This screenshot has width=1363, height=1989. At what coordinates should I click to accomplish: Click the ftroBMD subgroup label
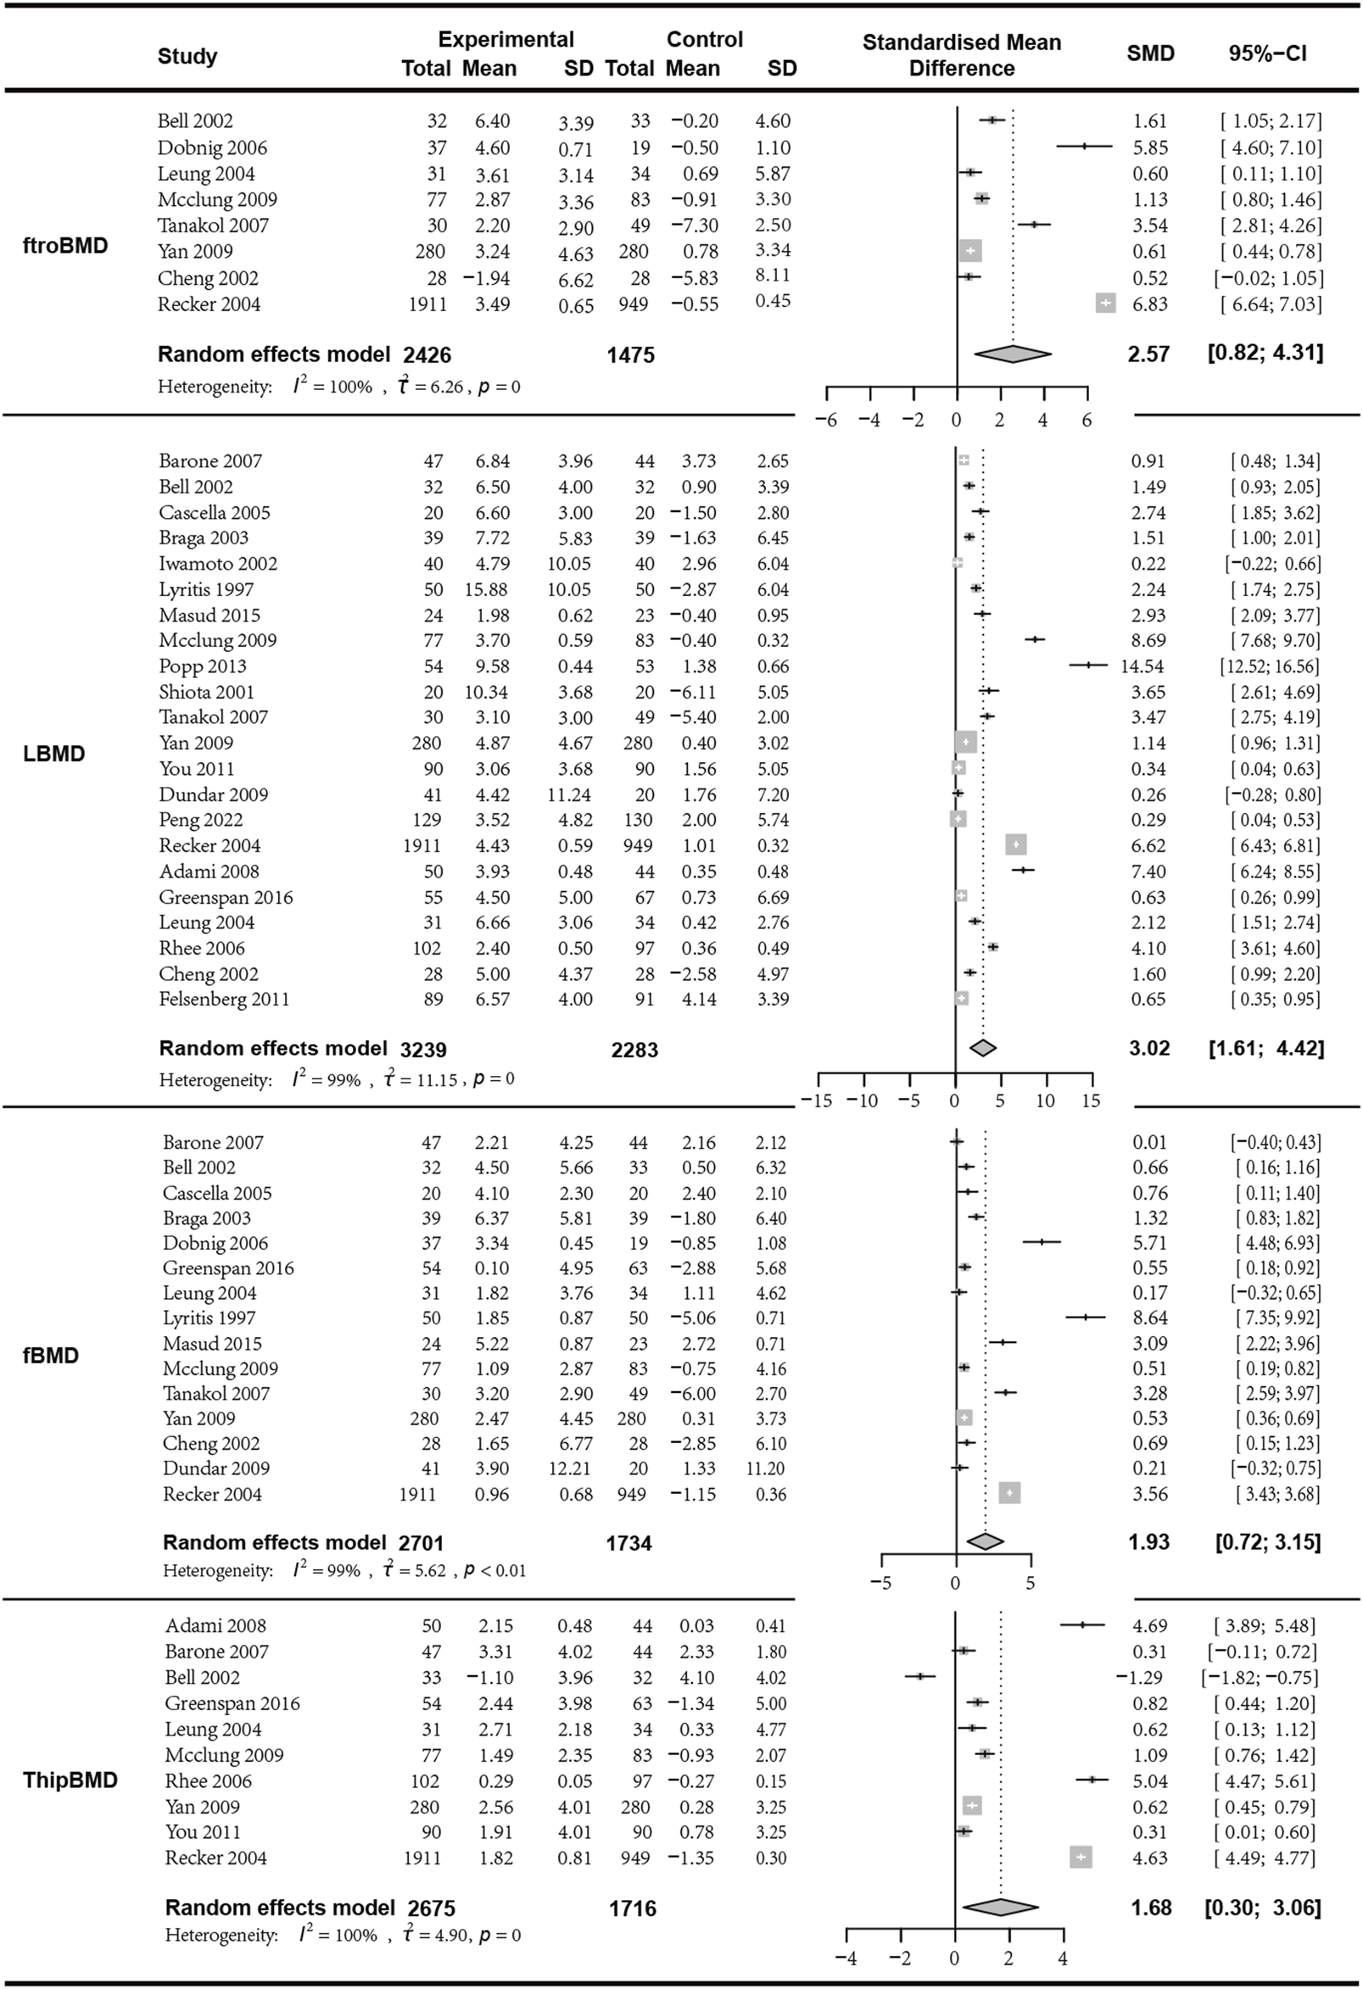tap(65, 246)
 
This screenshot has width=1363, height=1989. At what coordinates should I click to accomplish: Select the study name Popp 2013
tap(202, 666)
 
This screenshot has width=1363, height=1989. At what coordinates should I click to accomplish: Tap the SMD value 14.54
tap(1142, 666)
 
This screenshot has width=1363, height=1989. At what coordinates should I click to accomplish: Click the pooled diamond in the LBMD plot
tap(984, 1048)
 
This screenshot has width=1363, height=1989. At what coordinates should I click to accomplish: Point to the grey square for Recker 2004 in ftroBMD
tap(1105, 303)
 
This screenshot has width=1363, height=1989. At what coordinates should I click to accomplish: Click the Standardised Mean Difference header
tap(962, 55)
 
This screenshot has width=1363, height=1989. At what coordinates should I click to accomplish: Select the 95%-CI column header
tap(1267, 53)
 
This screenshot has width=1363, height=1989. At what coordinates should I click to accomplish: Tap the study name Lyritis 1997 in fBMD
tap(209, 1318)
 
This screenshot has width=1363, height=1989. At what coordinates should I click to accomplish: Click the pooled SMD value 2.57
tap(1148, 354)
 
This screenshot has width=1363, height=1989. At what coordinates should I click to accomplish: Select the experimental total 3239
tap(423, 1049)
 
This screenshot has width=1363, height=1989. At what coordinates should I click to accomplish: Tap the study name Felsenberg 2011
tap(223, 999)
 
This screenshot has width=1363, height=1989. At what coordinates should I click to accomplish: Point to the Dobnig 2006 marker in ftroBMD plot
tap(1083, 147)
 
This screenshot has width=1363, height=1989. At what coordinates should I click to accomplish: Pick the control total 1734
tap(629, 1543)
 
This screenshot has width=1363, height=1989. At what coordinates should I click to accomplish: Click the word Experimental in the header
tap(506, 39)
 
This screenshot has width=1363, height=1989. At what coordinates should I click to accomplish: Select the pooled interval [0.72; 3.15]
tap(1268, 1542)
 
